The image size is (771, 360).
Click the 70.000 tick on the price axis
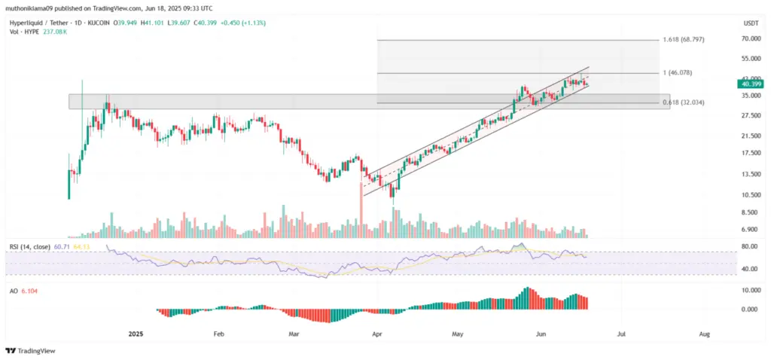750,38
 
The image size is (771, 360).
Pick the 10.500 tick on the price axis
750,195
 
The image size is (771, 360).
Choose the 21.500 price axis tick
750,136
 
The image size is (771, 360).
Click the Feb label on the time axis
218,333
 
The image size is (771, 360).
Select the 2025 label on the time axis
136,333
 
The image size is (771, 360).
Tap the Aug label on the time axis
703,333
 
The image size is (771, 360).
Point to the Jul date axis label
620,333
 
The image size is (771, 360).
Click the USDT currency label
750,23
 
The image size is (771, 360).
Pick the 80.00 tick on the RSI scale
750,246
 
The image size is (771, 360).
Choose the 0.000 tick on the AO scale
750,310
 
